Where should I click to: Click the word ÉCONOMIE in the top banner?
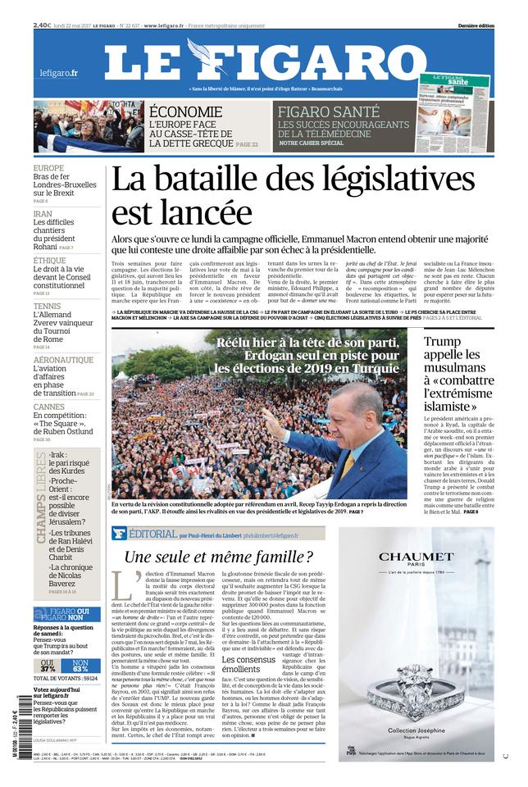185,112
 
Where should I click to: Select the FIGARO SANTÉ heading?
328,111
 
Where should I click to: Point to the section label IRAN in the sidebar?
43,213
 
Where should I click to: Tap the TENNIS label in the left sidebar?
47,306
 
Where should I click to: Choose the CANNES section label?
48,407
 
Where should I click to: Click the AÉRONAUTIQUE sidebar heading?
63,360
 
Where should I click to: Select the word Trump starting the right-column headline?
443,341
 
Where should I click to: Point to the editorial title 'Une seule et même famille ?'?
217,557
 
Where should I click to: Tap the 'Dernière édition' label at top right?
476,26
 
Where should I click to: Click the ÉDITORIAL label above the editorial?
151,534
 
